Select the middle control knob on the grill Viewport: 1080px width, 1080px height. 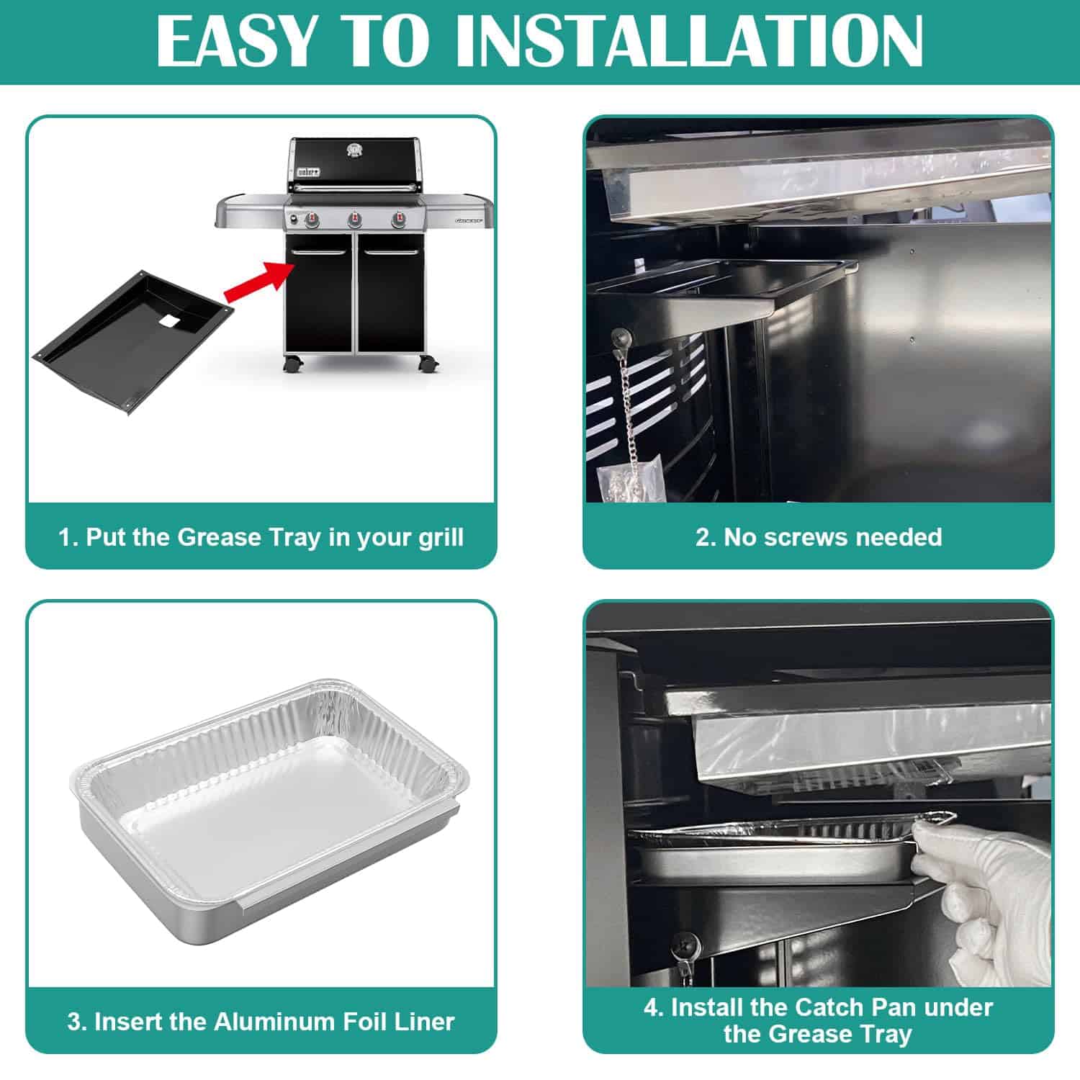[x=354, y=219]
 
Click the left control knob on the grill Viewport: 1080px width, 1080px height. [x=311, y=219]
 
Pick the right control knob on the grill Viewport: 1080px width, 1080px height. [x=397, y=219]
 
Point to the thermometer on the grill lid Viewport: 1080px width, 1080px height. [x=354, y=150]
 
